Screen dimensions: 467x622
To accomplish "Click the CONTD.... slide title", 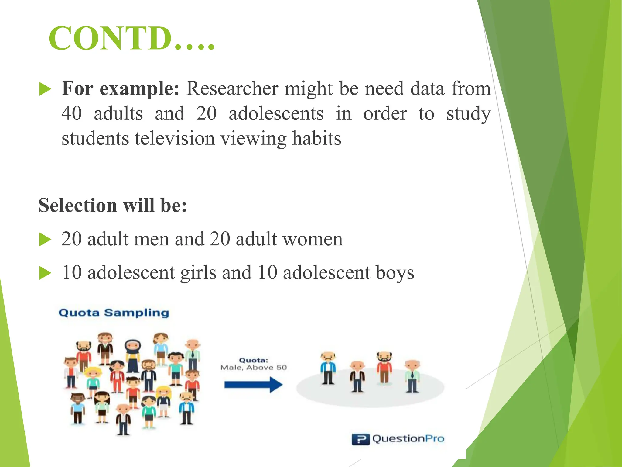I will point(131,39).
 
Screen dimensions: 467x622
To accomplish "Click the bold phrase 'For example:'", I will point(121,89).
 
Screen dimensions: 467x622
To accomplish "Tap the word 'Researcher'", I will point(232,89).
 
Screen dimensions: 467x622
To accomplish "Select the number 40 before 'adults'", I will point(72,113).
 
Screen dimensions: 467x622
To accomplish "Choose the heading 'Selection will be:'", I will point(112,205).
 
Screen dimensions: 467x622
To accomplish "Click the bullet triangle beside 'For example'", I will point(45,90).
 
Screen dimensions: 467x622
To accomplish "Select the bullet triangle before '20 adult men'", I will point(45,240).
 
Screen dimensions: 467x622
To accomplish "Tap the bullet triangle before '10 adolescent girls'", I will point(45,273).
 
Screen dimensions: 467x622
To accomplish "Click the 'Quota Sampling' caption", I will point(114,313).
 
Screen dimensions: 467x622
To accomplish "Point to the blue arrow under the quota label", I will point(253,385).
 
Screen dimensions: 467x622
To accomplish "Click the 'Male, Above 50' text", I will point(253,368).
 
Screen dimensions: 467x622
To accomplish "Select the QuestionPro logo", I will point(398,439).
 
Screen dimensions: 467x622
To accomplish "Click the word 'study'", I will point(468,114).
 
